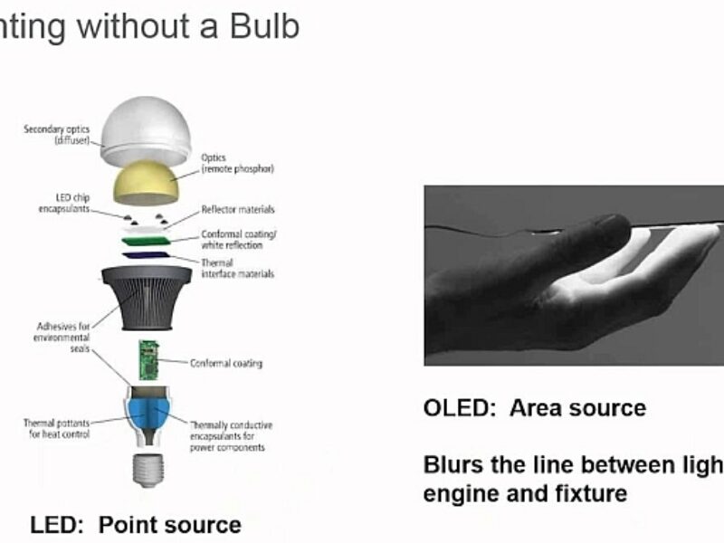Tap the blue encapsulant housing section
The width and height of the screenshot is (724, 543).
148,412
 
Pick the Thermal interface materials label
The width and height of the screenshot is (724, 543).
236,268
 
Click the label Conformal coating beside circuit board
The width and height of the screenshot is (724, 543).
226,364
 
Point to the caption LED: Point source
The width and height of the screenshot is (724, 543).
136,525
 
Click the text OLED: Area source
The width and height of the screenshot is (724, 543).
534,408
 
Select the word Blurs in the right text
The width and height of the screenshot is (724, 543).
457,465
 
